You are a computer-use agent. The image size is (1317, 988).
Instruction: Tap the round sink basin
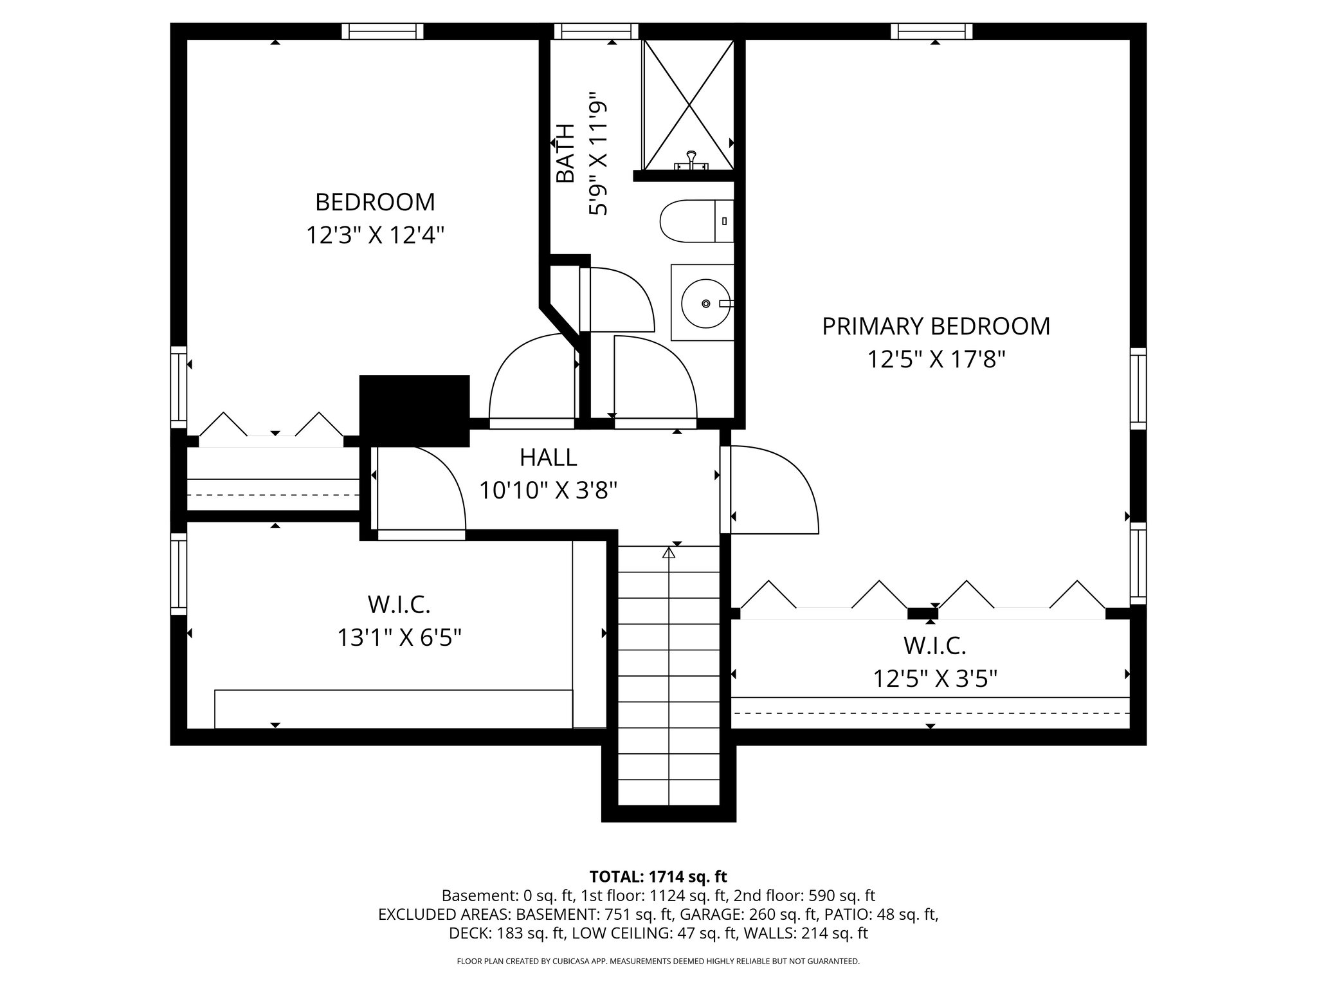point(705,303)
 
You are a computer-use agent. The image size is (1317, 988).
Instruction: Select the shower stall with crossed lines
point(689,103)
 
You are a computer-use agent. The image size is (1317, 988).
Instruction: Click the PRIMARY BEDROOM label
point(936,326)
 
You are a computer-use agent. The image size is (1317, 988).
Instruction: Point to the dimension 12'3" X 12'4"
point(375,235)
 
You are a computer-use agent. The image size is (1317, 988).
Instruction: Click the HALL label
point(548,457)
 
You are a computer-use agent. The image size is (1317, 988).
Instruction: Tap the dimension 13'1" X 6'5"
point(399,638)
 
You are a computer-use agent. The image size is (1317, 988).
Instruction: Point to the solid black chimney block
point(414,410)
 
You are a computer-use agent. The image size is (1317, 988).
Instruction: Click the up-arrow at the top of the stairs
point(669,552)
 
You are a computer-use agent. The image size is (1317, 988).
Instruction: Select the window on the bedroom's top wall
point(383,31)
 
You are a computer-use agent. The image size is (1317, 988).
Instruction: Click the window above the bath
point(596,31)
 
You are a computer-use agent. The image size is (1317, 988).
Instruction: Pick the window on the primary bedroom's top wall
point(935,31)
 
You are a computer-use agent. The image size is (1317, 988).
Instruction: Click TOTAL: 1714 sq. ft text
point(658,876)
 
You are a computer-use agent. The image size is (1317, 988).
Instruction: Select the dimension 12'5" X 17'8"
point(936,359)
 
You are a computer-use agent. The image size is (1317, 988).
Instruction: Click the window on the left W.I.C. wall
point(178,573)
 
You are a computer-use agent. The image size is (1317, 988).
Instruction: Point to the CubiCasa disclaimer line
point(658,962)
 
